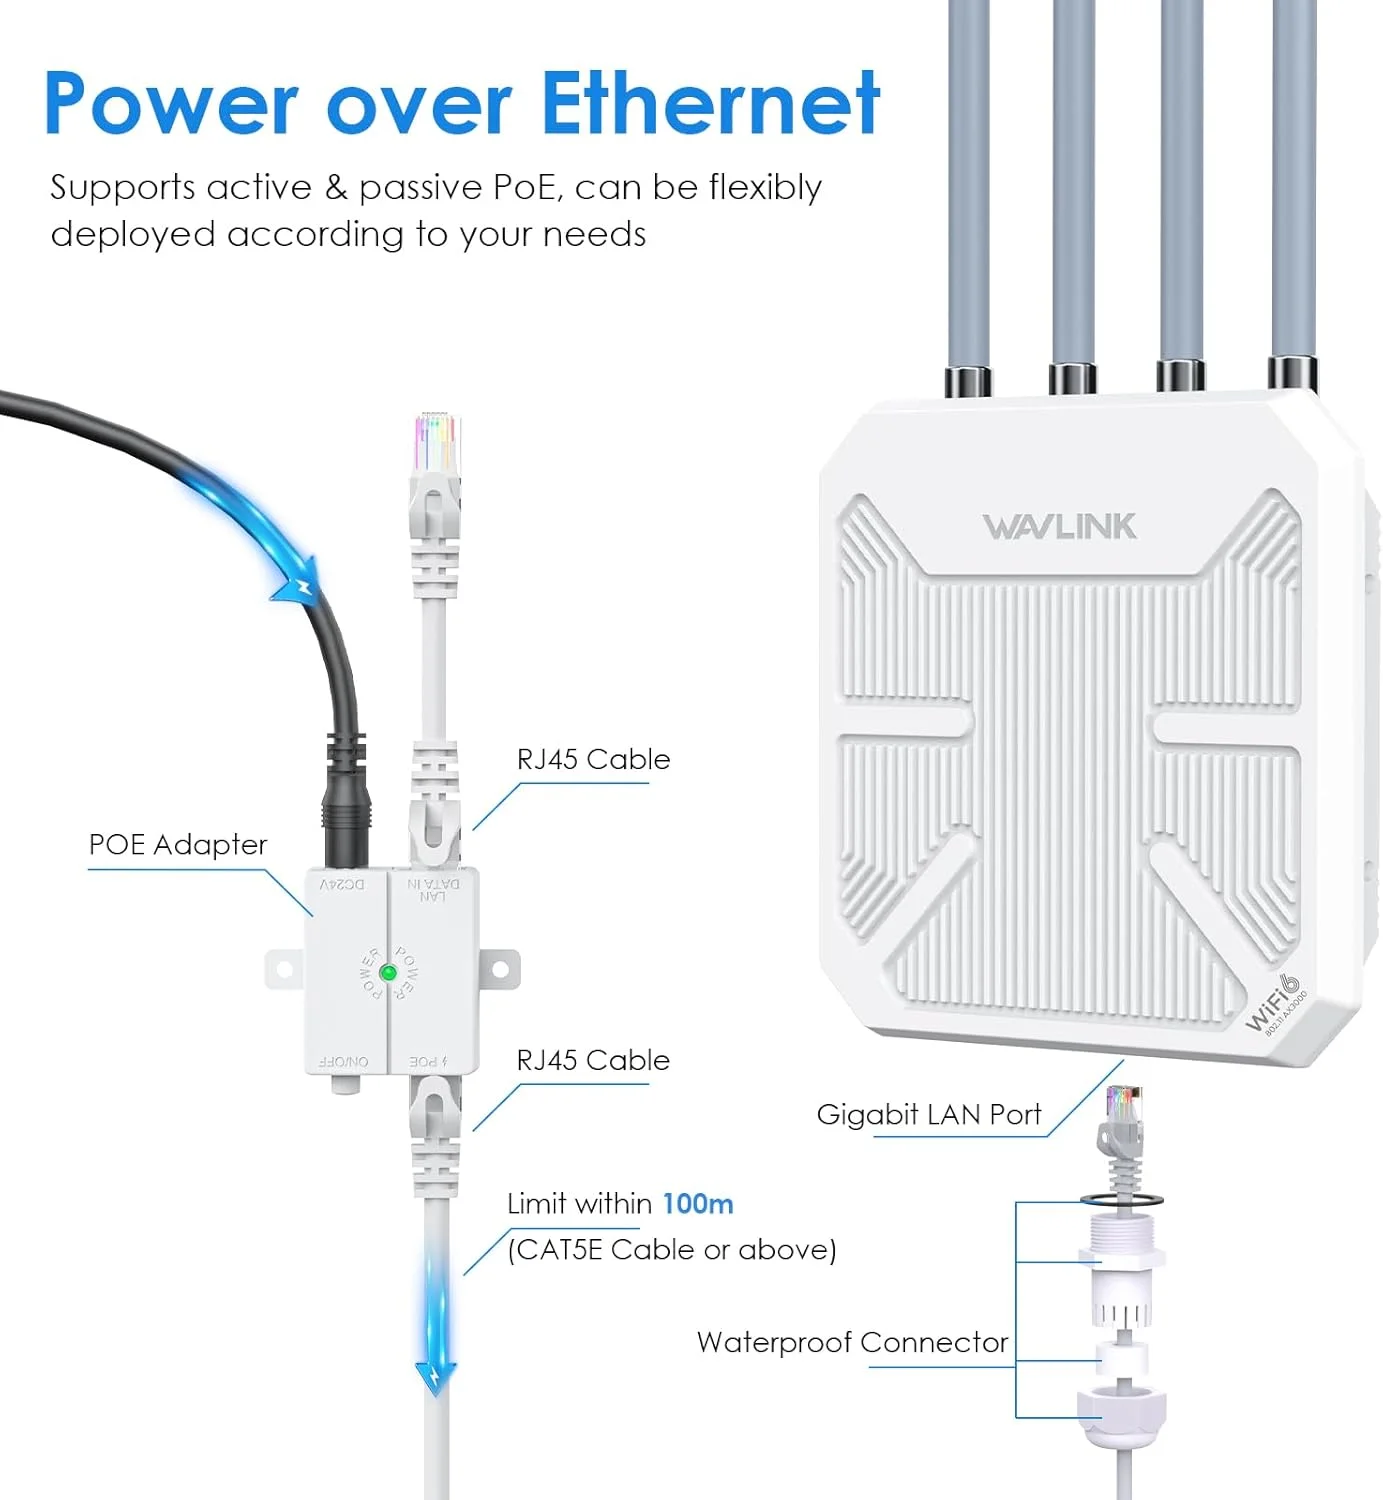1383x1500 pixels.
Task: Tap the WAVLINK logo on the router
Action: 1059,527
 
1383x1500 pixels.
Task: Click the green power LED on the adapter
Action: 389,972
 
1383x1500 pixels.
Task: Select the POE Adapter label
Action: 178,845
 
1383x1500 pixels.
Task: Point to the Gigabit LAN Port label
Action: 928,1114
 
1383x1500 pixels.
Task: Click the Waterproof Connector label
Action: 852,1342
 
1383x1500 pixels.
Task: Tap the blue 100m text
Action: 697,1203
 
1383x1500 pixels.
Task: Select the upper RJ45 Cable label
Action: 593,759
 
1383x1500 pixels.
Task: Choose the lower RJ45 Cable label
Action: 593,1060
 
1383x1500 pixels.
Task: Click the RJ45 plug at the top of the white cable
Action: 436,450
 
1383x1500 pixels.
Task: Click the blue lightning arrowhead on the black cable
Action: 294,589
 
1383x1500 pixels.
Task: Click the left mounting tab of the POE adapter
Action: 283,969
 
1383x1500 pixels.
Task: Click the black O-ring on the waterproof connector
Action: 1121,1198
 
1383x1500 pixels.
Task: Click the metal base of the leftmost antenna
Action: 967,380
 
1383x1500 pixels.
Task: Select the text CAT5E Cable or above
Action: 672,1250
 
